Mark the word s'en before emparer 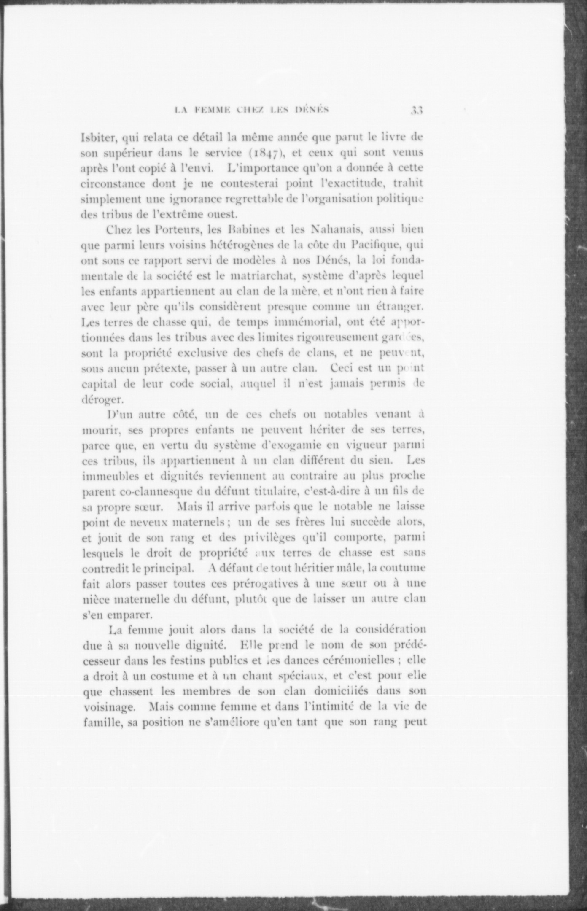92,614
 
